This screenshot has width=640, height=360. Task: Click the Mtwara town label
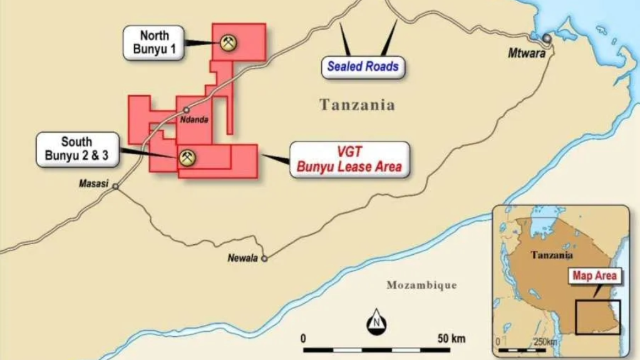click(527, 54)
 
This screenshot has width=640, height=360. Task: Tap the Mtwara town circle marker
click(547, 39)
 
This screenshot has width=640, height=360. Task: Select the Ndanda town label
click(194, 120)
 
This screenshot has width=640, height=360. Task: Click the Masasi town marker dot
click(115, 187)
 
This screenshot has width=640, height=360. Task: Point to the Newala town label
click(242, 258)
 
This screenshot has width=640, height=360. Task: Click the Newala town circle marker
click(265, 258)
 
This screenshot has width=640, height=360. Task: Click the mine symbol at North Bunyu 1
click(228, 43)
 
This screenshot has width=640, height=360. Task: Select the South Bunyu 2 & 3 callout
click(77, 149)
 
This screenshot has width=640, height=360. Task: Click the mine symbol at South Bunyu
click(186, 157)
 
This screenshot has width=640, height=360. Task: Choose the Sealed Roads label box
click(363, 66)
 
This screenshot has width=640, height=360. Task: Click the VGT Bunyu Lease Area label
click(349, 160)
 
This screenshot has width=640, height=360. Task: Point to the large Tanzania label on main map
click(358, 105)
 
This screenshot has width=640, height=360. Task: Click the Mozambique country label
click(421, 285)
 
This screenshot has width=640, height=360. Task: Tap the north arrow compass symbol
click(376, 322)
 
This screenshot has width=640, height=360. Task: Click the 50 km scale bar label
click(451, 339)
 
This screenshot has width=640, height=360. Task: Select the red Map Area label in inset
click(594, 275)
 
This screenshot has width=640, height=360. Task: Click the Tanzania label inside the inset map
click(552, 255)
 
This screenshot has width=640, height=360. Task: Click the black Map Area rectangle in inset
click(598, 317)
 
